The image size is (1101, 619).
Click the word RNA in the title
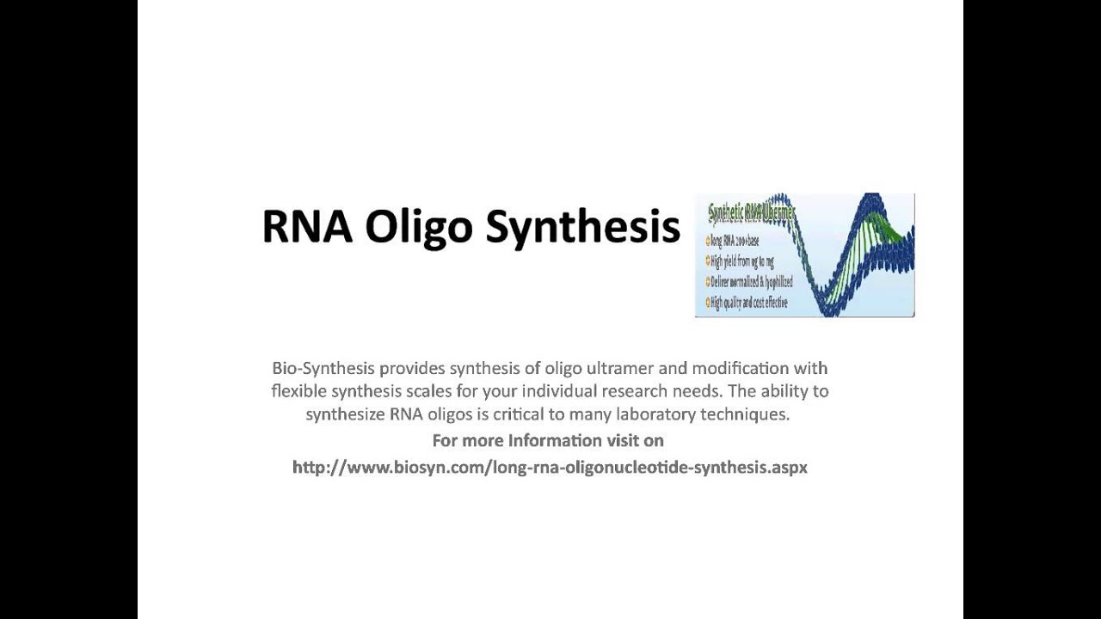point(307,226)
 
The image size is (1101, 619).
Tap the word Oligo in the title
point(418,228)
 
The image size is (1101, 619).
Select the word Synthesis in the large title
point(582,228)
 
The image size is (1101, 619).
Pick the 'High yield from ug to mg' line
point(741,261)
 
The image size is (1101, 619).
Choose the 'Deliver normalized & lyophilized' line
point(749,282)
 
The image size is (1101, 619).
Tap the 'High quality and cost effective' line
point(747,303)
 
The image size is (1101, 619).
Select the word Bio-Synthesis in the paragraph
point(323,368)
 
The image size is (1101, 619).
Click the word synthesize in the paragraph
point(344,414)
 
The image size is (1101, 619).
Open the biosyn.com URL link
point(550,468)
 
